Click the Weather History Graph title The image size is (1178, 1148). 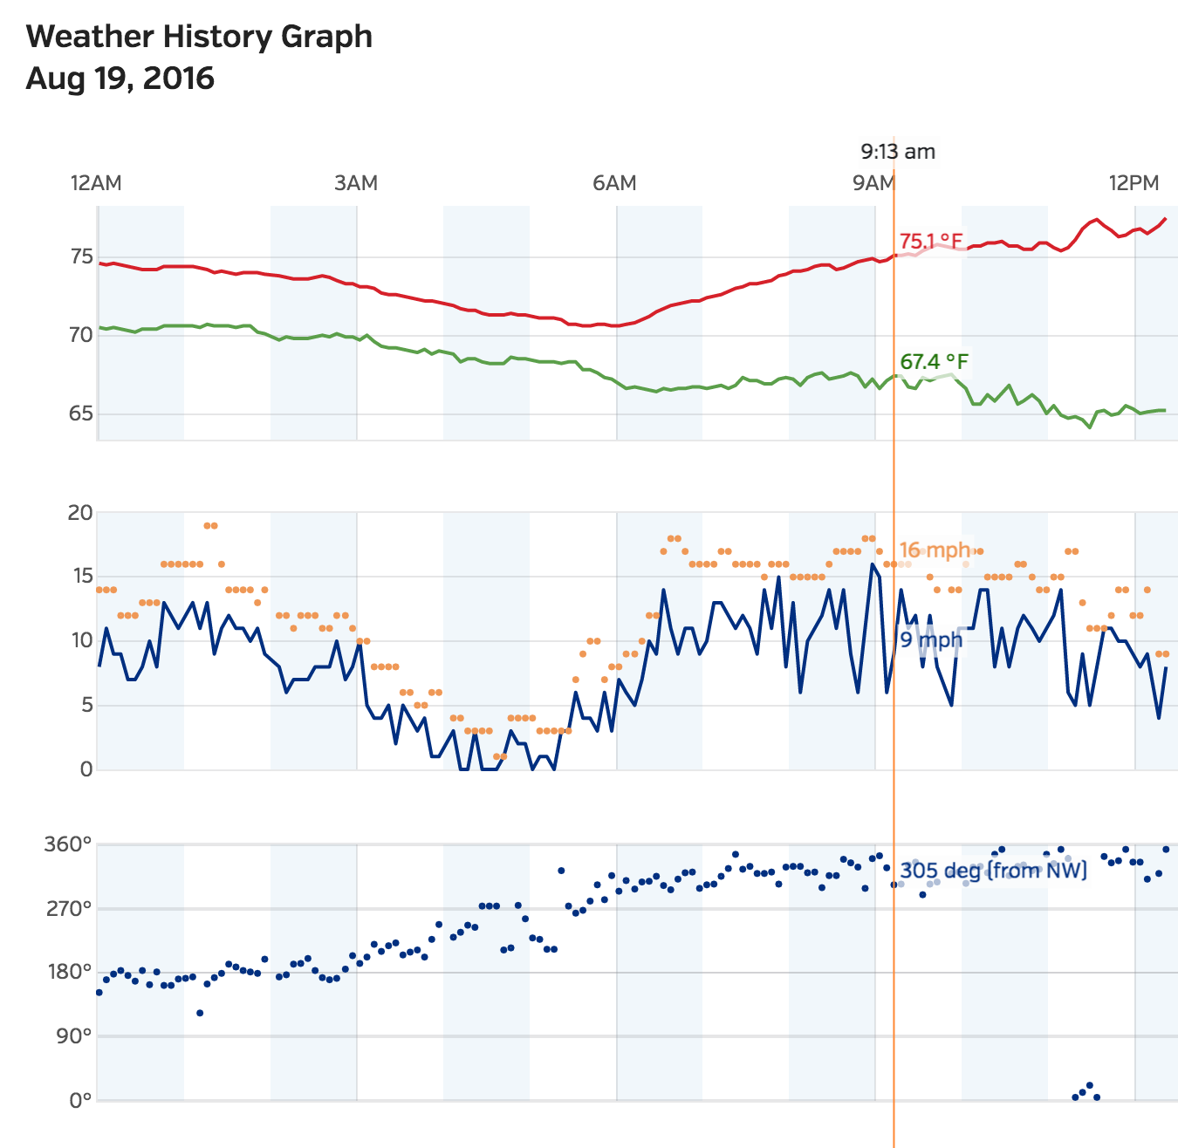(199, 37)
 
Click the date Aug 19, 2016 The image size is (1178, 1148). (120, 79)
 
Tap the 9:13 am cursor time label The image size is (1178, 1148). (898, 152)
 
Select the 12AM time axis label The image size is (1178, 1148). (96, 183)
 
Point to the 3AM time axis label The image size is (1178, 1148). (356, 183)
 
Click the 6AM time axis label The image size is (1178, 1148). (614, 183)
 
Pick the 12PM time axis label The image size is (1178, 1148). (1133, 183)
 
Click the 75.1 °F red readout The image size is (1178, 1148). (932, 241)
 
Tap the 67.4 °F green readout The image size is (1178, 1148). (934, 361)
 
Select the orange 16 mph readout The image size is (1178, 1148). (935, 550)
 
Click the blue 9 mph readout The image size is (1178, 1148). (931, 640)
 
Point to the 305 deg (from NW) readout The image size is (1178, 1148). (993, 870)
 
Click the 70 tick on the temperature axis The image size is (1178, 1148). (81, 335)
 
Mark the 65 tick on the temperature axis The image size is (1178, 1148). (81, 413)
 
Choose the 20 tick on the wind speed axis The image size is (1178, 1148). (80, 513)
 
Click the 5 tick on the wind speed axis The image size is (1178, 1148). (86, 705)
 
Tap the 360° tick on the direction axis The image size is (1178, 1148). (68, 844)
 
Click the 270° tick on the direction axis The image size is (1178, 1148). (68, 909)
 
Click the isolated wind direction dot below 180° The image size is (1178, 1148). (200, 1013)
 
